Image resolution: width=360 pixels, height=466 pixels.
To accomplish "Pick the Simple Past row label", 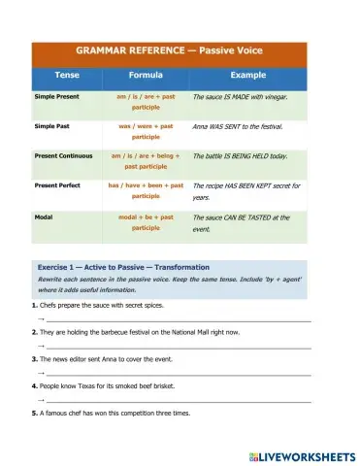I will (x=56, y=126).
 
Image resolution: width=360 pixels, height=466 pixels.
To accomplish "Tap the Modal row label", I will (x=45, y=216).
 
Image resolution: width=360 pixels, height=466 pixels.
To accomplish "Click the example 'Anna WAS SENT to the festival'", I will (x=244, y=126).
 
